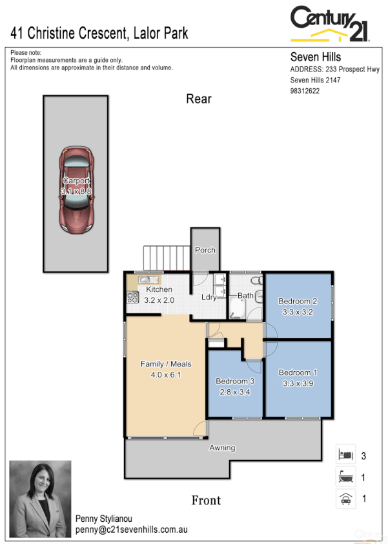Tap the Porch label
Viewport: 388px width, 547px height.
pos(205,250)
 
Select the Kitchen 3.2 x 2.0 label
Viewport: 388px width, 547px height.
pos(159,294)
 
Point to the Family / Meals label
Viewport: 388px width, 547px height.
pos(166,369)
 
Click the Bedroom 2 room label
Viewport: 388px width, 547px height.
pos(298,306)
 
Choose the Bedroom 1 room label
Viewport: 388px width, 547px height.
pos(298,378)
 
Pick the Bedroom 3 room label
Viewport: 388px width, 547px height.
pos(235,385)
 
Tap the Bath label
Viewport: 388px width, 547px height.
pos(245,296)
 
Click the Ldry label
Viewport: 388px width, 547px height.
pos(209,297)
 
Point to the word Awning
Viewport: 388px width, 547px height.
pos(222,448)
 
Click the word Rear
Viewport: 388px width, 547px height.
pos(198,99)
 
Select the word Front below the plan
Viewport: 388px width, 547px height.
pos(206,500)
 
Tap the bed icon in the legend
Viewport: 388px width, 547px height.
pos(345,455)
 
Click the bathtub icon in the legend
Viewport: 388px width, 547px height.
pos(345,477)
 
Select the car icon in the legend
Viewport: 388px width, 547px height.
pos(345,498)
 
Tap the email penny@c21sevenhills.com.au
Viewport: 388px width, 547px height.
pos(131,530)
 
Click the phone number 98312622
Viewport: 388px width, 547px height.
pos(305,91)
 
